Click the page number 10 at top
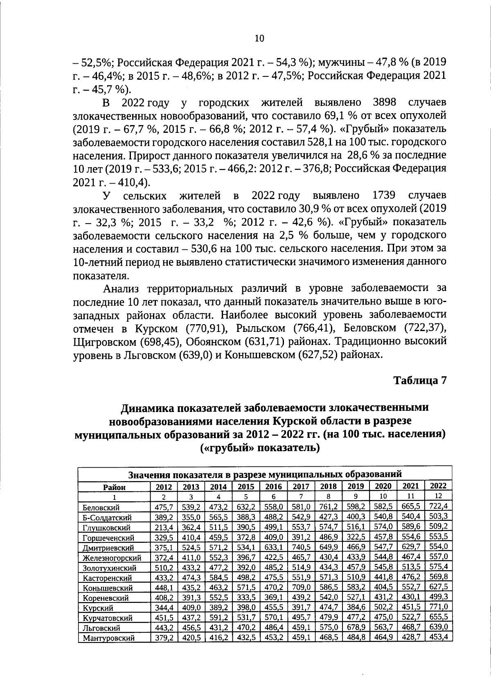point(259,38)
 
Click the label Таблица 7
point(419,380)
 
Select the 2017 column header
point(301,486)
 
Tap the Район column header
point(115,487)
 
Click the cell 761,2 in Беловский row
point(328,507)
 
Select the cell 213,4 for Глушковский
point(163,527)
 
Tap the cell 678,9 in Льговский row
point(356,627)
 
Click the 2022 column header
point(438,486)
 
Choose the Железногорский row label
point(112,558)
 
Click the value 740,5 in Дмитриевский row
point(301,547)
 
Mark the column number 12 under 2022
point(438,496)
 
